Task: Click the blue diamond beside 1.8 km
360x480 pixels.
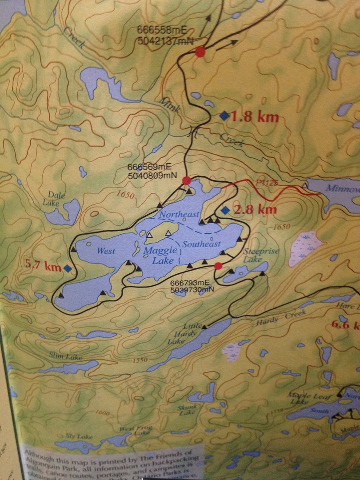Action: [224, 116]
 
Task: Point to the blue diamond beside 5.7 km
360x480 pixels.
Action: [68, 268]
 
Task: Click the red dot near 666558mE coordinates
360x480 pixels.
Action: [200, 52]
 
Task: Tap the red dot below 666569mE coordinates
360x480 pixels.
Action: [187, 180]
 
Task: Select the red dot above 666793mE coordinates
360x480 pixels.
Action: [218, 266]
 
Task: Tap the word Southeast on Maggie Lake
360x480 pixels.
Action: [201, 244]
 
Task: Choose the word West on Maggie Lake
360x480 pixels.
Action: [106, 251]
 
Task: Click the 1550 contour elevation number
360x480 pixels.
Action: [140, 360]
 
